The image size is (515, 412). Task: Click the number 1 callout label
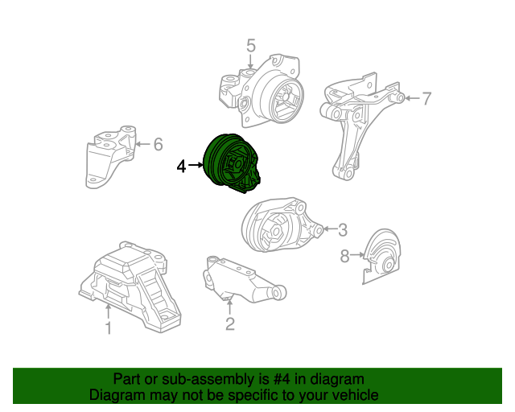coord(108,327)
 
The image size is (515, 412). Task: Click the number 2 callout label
coord(230,324)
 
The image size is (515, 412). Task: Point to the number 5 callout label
coord(250,45)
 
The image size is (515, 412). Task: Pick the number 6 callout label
coord(158,145)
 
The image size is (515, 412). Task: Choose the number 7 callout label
coord(426,99)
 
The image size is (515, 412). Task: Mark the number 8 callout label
coord(344,256)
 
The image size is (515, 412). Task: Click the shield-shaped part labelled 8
coord(380,257)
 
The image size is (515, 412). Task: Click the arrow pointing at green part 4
coord(197,166)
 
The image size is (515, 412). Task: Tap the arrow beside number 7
coord(410,99)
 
